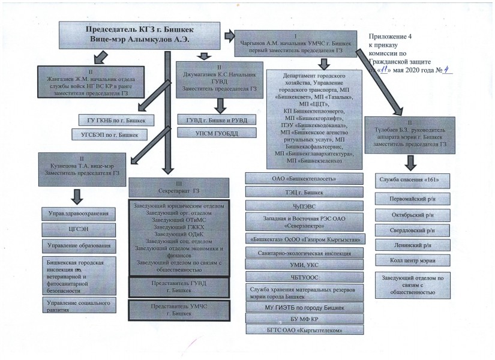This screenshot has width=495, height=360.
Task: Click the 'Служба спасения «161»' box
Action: tap(411, 180)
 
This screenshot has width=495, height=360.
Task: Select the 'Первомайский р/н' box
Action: tap(411, 197)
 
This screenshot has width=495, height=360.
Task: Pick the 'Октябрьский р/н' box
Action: tap(411, 214)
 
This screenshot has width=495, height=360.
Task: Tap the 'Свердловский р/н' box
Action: tap(411, 230)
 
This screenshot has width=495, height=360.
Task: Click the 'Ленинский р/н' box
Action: tap(411, 245)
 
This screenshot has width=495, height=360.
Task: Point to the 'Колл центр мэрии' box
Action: tap(411, 261)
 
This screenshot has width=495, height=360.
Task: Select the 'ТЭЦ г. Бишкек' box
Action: tap(304, 193)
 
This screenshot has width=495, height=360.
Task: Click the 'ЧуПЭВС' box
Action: tap(304, 205)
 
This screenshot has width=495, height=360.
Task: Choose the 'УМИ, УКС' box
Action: tap(304, 264)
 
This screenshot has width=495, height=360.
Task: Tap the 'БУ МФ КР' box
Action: tap(304, 319)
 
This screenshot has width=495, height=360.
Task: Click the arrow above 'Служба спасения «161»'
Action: tap(411, 161)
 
